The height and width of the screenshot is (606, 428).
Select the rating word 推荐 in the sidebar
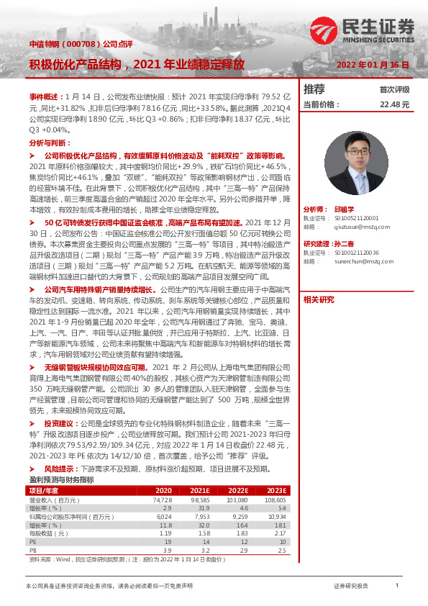pyautogui.click(x=314, y=90)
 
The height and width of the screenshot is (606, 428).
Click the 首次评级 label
pyautogui.click(x=394, y=90)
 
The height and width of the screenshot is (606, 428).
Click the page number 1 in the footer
pyautogui.click(x=396, y=587)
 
